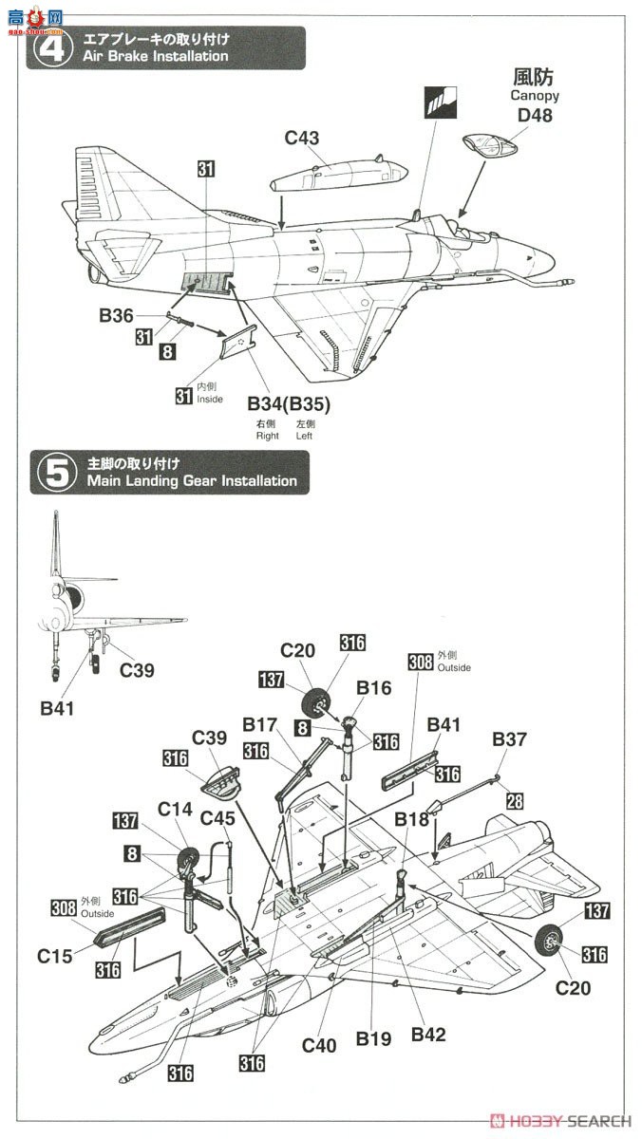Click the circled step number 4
[53, 47]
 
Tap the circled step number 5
[56, 473]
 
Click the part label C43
[302, 138]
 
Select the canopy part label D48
[535, 115]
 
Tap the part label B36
[116, 315]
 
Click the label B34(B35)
[289, 403]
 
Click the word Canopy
[535, 95]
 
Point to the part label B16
[374, 687]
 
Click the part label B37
[509, 738]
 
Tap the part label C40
[319, 1045]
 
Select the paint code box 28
[515, 801]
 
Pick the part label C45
[217, 818]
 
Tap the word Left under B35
[304, 436]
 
